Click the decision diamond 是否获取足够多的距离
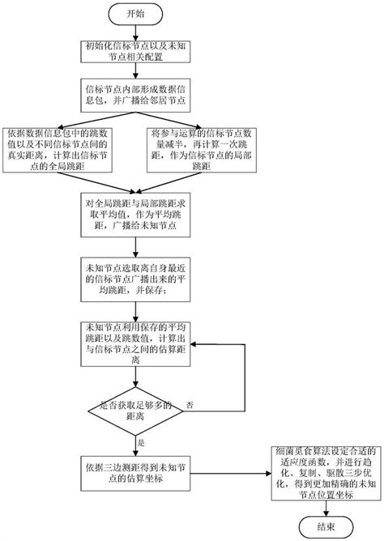coord(134,411)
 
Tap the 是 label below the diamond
coord(141,443)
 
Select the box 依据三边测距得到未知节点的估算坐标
coord(134,471)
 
